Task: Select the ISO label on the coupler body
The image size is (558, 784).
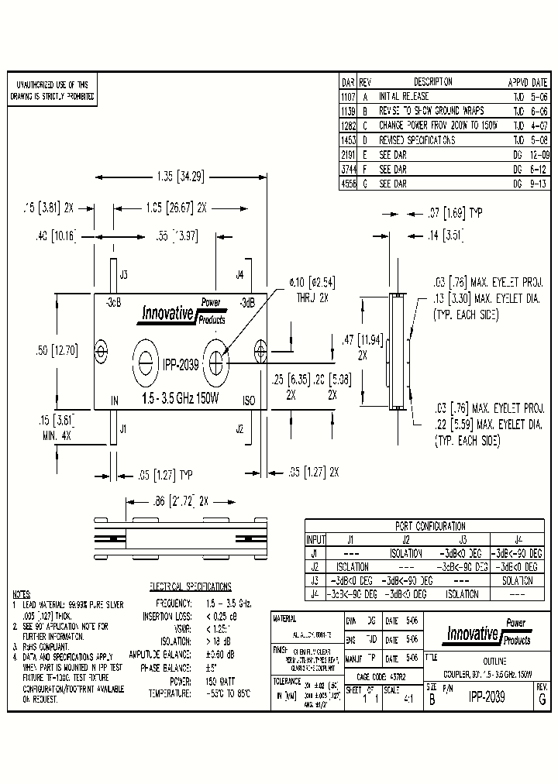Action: pos(249,401)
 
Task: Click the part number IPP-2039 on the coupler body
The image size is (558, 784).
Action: pos(181,363)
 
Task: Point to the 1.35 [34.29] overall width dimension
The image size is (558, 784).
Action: pos(179,177)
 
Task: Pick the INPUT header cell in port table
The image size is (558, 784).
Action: pos(315,540)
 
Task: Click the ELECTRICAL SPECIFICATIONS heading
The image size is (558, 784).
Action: pos(189,586)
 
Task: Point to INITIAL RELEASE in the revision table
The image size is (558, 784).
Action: pos(403,97)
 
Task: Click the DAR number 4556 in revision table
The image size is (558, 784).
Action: pos(348,184)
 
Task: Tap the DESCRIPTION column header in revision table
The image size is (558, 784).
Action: pos(432,82)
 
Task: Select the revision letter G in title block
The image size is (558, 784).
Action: pos(542,697)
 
